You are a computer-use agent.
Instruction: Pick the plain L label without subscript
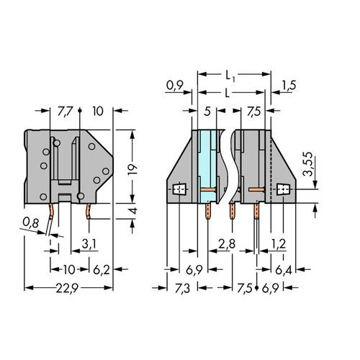pos(228,93)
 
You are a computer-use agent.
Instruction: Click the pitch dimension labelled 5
pos(207,112)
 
